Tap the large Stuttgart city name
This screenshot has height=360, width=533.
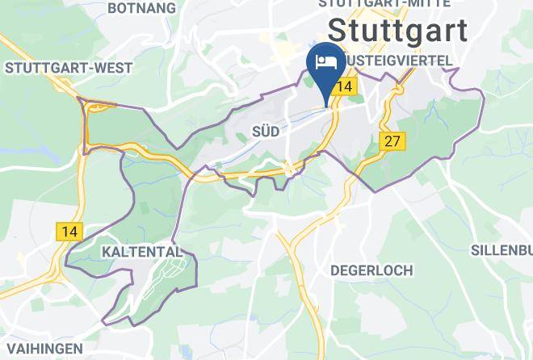tap(398, 31)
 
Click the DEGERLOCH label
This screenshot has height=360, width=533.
tap(371, 270)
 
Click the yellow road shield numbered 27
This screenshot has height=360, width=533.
tap(392, 142)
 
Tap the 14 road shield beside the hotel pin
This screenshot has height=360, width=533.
tap(345, 86)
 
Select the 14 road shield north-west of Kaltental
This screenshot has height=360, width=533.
tap(70, 231)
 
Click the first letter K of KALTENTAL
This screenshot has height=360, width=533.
tap(107, 253)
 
